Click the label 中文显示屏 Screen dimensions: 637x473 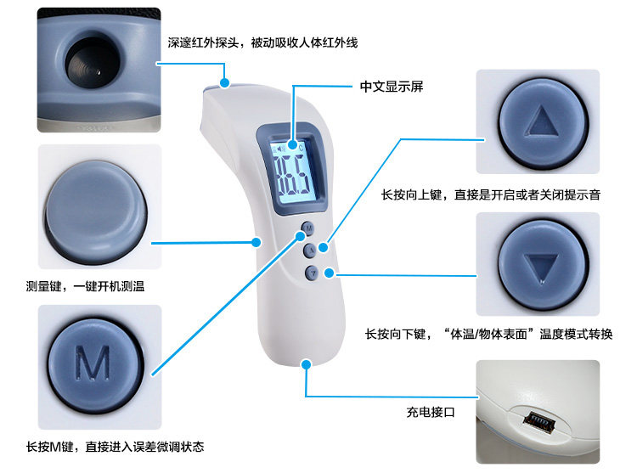point(392,87)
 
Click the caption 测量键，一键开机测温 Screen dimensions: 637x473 point(85,286)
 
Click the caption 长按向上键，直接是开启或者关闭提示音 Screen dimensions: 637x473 point(491,195)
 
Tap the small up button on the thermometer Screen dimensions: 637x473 point(311,250)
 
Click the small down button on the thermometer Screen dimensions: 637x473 point(313,272)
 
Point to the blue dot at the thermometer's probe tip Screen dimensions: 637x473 point(225,82)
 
